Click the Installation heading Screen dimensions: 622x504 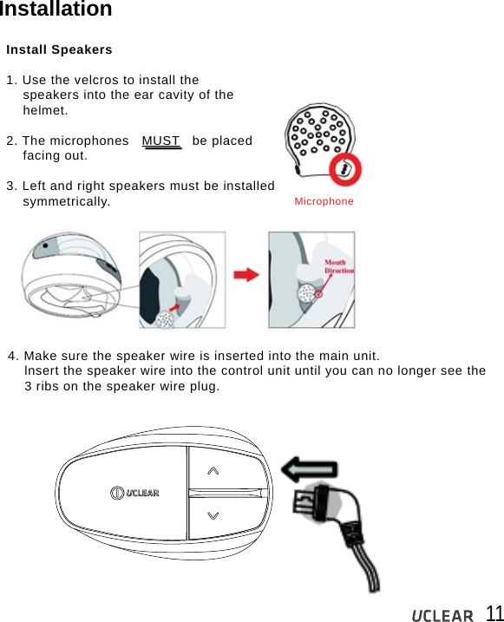56,10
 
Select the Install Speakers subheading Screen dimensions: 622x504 59,49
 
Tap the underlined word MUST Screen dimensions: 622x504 161,141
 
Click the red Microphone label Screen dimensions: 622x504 324,201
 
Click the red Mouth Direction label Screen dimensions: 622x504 338,266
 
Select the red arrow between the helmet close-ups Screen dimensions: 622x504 246,275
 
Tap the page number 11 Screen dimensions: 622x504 493,613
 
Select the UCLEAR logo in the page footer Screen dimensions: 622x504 442,615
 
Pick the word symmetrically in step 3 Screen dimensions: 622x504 66,202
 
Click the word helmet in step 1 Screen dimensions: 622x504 45,111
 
